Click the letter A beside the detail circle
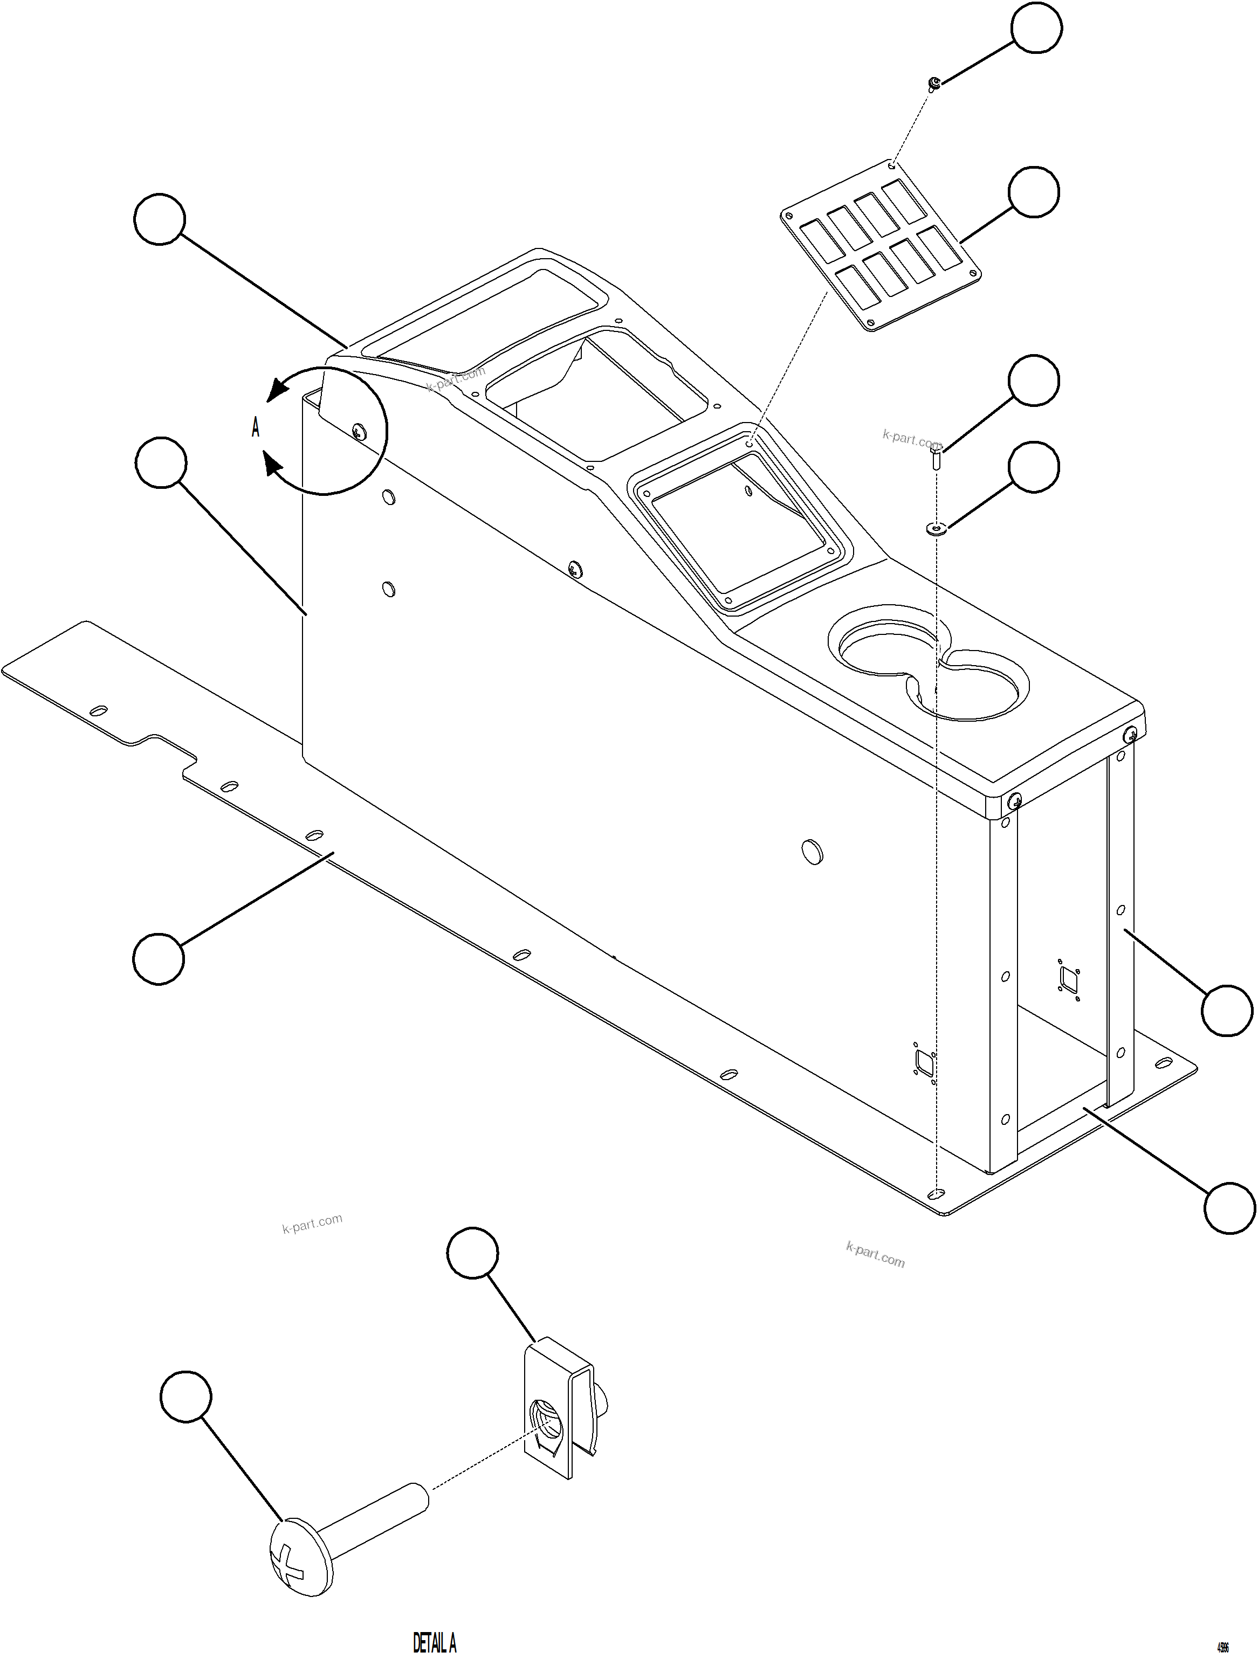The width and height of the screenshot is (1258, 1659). pos(256,428)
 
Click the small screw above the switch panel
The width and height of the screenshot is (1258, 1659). pos(933,83)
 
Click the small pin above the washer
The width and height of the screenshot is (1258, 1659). pos(936,457)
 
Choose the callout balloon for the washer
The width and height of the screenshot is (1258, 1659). pos(1034,467)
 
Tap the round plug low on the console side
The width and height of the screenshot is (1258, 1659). pos(812,851)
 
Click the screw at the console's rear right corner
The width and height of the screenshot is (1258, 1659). pos(1131,736)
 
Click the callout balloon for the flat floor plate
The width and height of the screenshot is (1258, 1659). pos(159,958)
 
